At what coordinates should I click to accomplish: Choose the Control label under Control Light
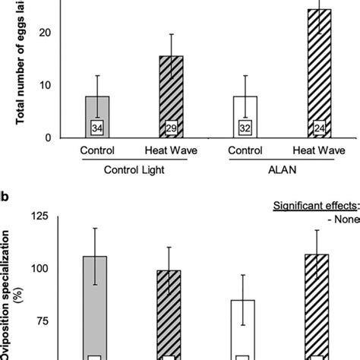pyautogui.click(x=96, y=151)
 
